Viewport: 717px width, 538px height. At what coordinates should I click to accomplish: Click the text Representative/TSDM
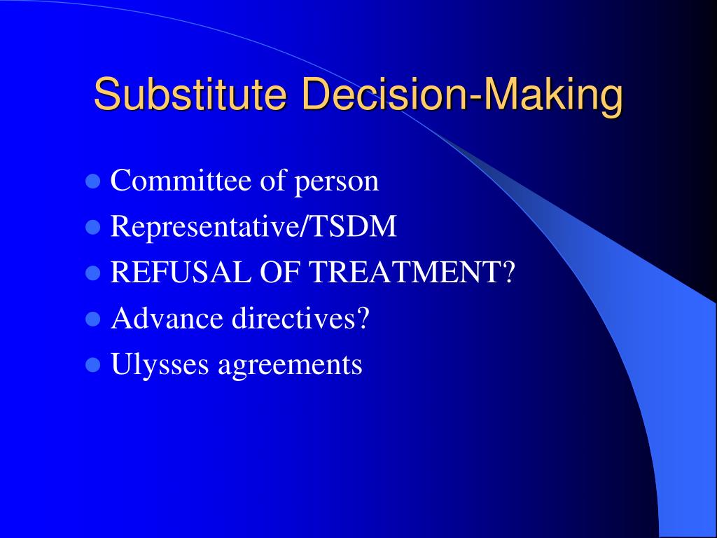tap(253, 227)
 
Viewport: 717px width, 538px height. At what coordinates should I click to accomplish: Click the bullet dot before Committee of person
tap(91, 182)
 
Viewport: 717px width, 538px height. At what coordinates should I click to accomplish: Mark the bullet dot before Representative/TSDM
tap(91, 228)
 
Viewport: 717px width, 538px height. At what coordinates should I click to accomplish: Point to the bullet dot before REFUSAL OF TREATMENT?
tap(91, 273)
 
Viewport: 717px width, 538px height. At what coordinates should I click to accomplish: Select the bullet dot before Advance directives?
tap(91, 319)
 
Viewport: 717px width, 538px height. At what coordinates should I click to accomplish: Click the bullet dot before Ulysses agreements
tap(91, 365)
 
